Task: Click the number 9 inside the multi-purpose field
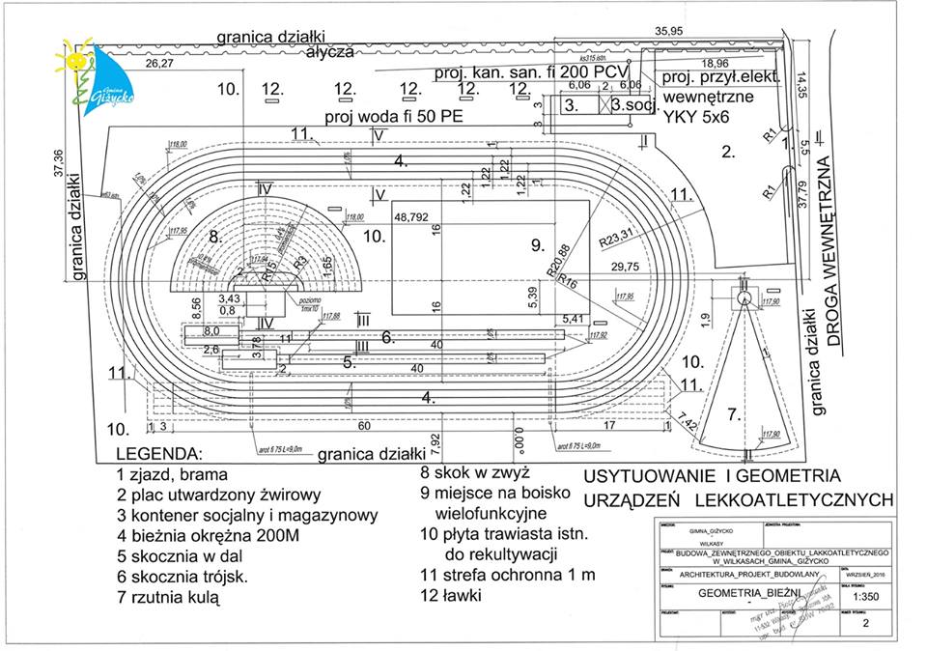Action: [x=538, y=245]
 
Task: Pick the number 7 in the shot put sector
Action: [x=734, y=414]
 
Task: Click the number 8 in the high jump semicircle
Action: [x=215, y=235]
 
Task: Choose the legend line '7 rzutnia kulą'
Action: [x=169, y=598]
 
